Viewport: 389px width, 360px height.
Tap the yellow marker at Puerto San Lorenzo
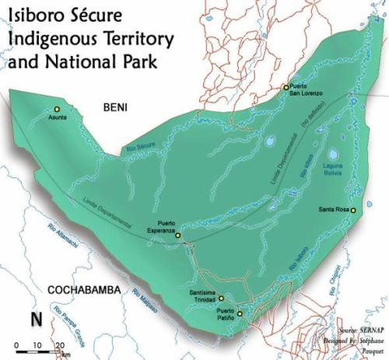286,87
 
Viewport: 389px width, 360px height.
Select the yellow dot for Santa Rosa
353,211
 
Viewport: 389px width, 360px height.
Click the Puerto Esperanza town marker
177,234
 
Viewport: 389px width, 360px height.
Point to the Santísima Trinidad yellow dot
221,298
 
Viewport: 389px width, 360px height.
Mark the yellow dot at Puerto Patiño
240,314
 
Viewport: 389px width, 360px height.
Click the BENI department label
119,108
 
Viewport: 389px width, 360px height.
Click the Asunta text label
58,117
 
